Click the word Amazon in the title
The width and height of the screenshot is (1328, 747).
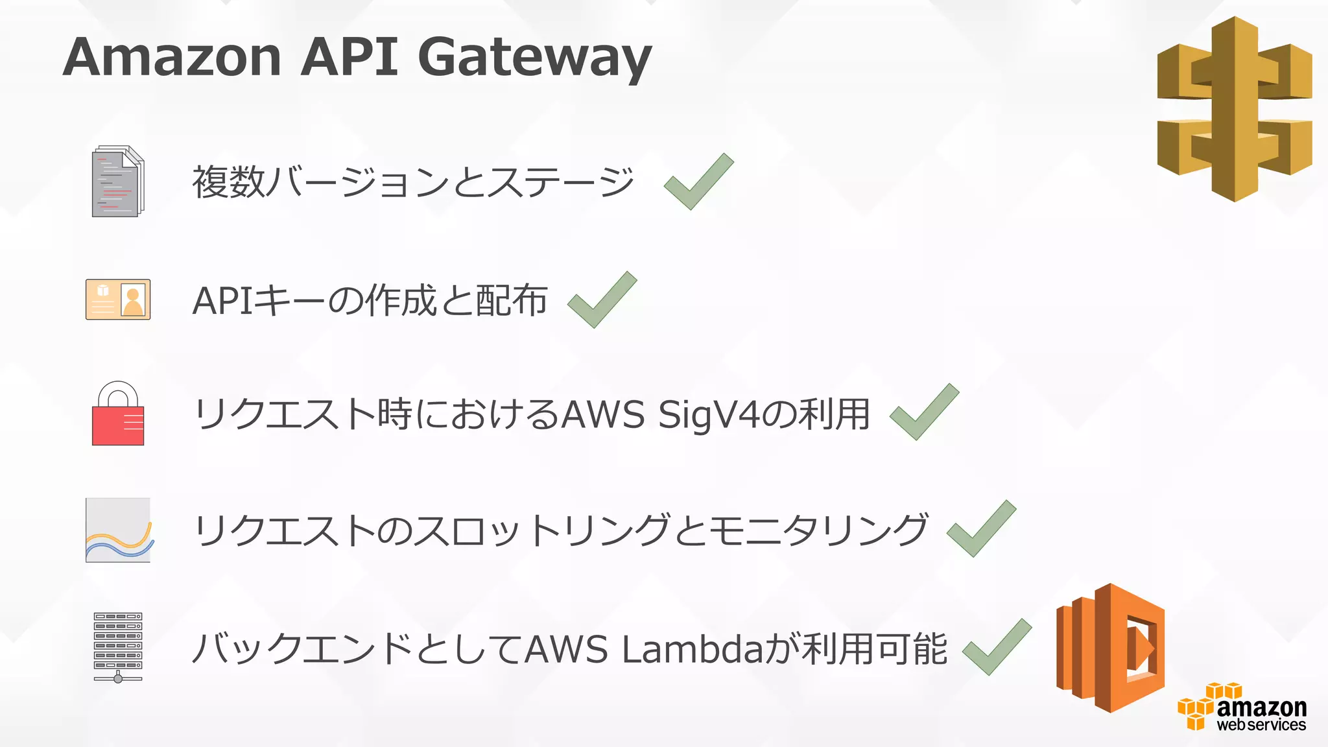click(172, 57)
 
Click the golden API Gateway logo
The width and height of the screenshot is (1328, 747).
click(1235, 109)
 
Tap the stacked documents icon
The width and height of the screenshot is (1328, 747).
click(117, 182)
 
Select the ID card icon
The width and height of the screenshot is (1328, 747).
click(118, 300)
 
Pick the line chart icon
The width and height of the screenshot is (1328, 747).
click(118, 530)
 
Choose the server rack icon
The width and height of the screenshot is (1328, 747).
click(118, 647)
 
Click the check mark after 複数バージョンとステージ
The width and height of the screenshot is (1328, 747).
click(698, 182)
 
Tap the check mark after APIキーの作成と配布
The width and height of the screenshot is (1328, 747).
click(602, 300)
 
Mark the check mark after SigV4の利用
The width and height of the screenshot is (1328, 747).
click(924, 412)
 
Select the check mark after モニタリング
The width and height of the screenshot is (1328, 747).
click(981, 529)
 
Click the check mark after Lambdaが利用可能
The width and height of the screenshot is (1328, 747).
click(997, 647)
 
